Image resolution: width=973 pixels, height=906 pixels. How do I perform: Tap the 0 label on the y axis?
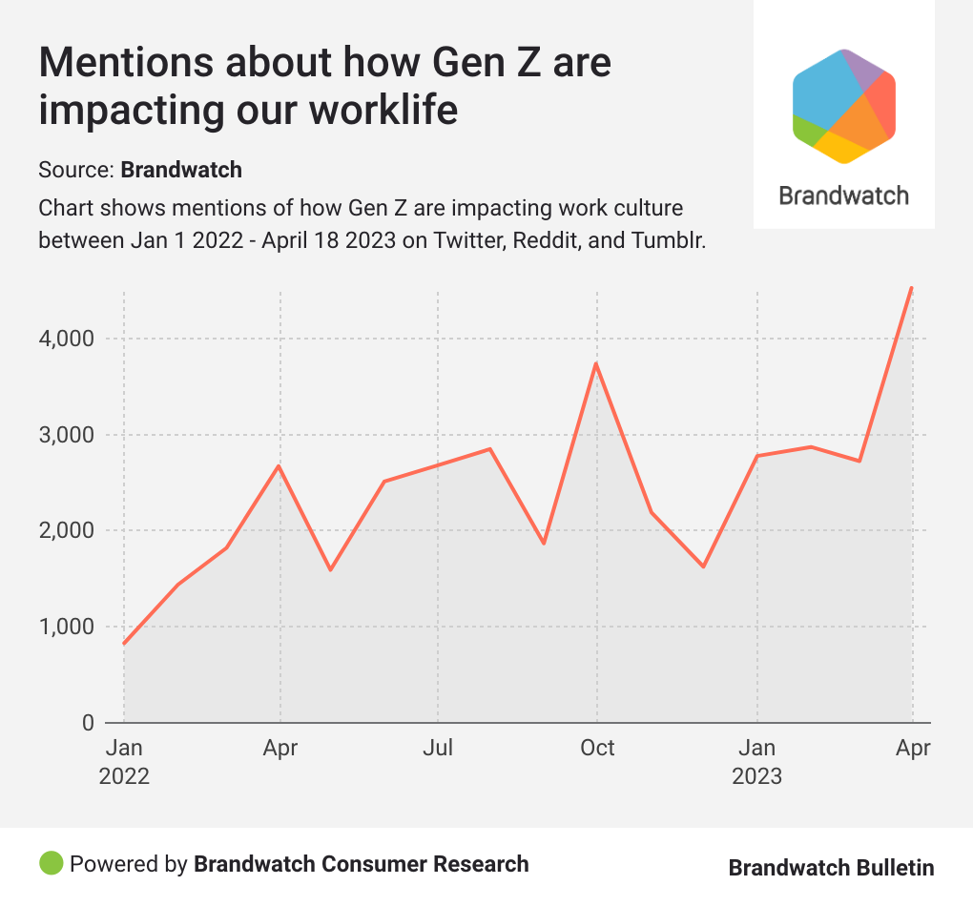(87, 723)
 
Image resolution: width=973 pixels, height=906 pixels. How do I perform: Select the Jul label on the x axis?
(438, 748)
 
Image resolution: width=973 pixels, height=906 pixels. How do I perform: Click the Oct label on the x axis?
(597, 748)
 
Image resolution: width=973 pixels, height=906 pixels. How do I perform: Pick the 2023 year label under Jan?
(756, 776)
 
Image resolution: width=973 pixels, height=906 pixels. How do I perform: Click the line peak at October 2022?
(596, 363)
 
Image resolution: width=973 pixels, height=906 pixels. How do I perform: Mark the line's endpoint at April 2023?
(912, 287)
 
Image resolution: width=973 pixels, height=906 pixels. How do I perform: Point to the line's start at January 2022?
(124, 644)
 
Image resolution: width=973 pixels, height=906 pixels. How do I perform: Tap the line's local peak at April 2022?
(279, 465)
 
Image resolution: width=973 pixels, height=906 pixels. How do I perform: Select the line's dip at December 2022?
(703, 566)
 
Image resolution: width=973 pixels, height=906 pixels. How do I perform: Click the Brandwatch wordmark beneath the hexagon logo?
(844, 196)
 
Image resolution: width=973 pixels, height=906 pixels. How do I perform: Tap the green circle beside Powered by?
(51, 864)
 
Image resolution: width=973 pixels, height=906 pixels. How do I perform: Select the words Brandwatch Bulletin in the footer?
(831, 867)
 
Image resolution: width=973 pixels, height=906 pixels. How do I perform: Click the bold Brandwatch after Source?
(181, 170)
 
